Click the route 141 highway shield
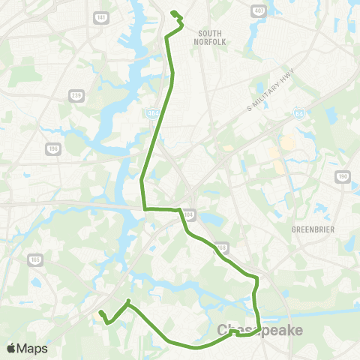(101, 16)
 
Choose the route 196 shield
(52, 148)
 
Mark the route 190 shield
(343, 176)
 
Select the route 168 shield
(221, 246)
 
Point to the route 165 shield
(36, 259)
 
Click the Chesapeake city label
(259, 331)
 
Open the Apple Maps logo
(27, 348)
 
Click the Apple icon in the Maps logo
(11, 348)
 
